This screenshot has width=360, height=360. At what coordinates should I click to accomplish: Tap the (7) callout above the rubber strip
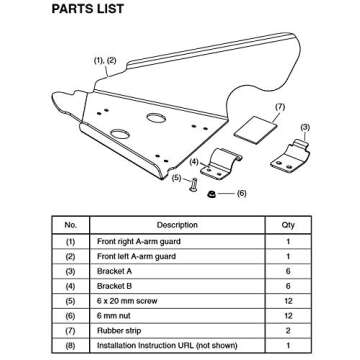coord(279,105)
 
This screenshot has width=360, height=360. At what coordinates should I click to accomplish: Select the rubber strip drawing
coord(265,127)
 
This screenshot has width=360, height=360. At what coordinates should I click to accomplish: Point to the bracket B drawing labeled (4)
coord(226,159)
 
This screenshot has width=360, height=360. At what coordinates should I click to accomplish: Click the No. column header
coord(70,225)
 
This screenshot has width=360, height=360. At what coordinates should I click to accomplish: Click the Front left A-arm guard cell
coord(131,257)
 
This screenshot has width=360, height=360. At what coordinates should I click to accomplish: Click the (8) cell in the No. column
coord(70,344)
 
